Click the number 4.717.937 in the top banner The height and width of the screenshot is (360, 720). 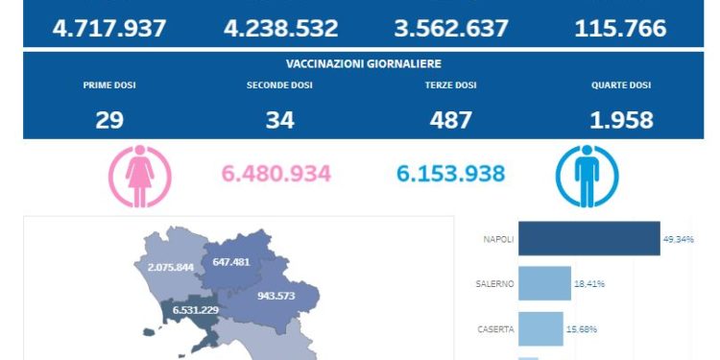(109, 28)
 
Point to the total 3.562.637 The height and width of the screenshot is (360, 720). (451, 28)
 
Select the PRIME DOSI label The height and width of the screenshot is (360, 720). (109, 85)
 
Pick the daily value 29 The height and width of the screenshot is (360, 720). (109, 120)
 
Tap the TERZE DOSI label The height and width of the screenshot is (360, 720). (451, 85)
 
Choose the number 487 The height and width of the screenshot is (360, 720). (451, 120)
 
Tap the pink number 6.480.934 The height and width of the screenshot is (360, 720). (276, 174)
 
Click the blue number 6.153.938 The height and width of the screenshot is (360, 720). (451, 174)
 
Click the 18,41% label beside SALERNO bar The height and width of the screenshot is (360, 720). (590, 283)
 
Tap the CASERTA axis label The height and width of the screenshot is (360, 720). (495, 328)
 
